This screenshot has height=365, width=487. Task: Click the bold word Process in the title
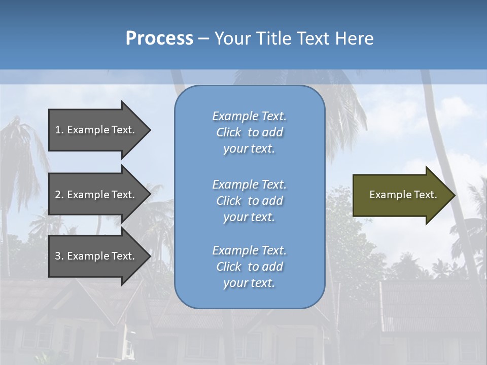(x=159, y=39)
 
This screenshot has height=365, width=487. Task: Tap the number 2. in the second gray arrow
(x=59, y=195)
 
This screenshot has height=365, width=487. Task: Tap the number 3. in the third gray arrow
(x=59, y=256)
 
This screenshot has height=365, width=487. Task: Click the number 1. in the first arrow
(x=59, y=130)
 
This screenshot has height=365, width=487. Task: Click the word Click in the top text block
(x=229, y=132)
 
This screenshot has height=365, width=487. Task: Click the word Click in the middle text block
(x=229, y=201)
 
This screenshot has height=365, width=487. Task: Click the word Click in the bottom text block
(x=229, y=267)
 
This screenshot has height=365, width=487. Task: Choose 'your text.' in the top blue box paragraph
(x=249, y=149)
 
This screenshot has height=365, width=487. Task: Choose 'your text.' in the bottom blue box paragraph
(x=249, y=283)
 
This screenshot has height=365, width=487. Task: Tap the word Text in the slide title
(x=311, y=39)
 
